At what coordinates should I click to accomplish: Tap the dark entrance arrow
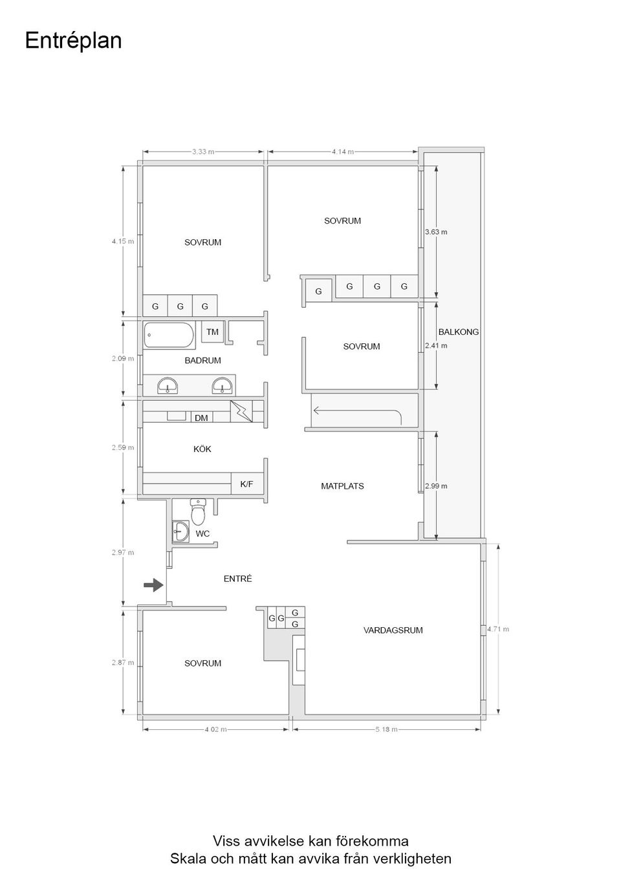pos(153,585)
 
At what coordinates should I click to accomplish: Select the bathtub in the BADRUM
pos(169,335)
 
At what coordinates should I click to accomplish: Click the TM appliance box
pos(212,332)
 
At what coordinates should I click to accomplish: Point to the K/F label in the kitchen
pos(246,484)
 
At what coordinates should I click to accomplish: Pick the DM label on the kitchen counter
pos(201,418)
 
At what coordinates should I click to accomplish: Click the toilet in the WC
pos(198,511)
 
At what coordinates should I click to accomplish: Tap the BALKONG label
pos(458,332)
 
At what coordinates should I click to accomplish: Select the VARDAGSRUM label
pos(393,630)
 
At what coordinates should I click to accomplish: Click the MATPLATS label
pos(342,486)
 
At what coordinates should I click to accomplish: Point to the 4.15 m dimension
pos(123,241)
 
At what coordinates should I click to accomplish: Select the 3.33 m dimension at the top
pos(203,152)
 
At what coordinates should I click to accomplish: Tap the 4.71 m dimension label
pos(498,629)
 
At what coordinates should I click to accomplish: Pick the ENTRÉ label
pos(237,579)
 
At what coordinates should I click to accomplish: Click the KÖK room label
pos(202,449)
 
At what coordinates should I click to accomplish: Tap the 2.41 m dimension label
pos(436,345)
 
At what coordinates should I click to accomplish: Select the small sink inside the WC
pos(180,532)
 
